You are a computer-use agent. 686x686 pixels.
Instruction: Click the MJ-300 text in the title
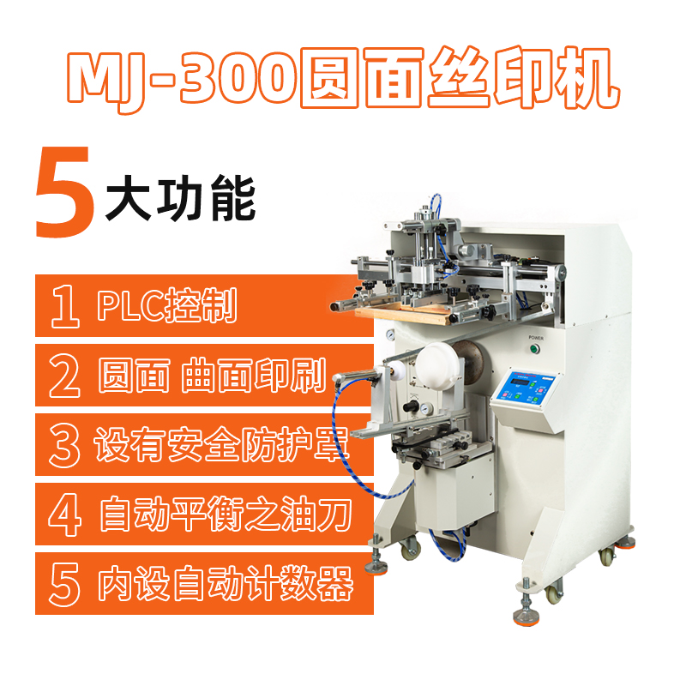click(182, 80)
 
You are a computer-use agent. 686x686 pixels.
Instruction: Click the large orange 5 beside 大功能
click(65, 192)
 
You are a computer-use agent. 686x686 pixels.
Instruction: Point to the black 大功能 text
click(180, 198)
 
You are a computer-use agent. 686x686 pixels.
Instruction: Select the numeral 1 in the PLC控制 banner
click(65, 306)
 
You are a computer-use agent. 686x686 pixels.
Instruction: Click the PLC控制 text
click(167, 305)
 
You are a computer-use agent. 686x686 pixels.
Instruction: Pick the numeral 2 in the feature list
click(65, 376)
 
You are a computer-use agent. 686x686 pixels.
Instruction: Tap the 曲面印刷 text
click(254, 375)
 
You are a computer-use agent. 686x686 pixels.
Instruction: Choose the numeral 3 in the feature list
click(65, 445)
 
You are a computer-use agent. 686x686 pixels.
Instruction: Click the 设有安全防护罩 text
click(221, 444)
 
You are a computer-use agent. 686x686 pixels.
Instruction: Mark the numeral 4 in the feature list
click(65, 514)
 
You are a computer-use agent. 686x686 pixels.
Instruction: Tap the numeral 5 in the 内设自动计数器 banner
click(65, 584)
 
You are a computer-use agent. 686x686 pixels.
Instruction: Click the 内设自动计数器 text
click(226, 584)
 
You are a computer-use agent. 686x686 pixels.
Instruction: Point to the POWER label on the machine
click(536, 338)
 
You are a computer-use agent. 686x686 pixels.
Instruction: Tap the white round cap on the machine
click(437, 364)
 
